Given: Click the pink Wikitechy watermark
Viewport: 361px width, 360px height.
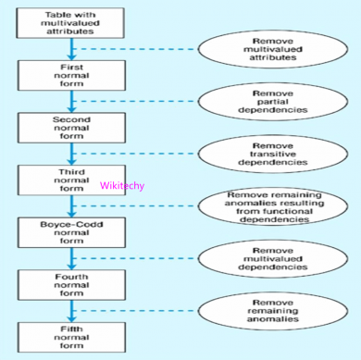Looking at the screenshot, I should click(x=121, y=185).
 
